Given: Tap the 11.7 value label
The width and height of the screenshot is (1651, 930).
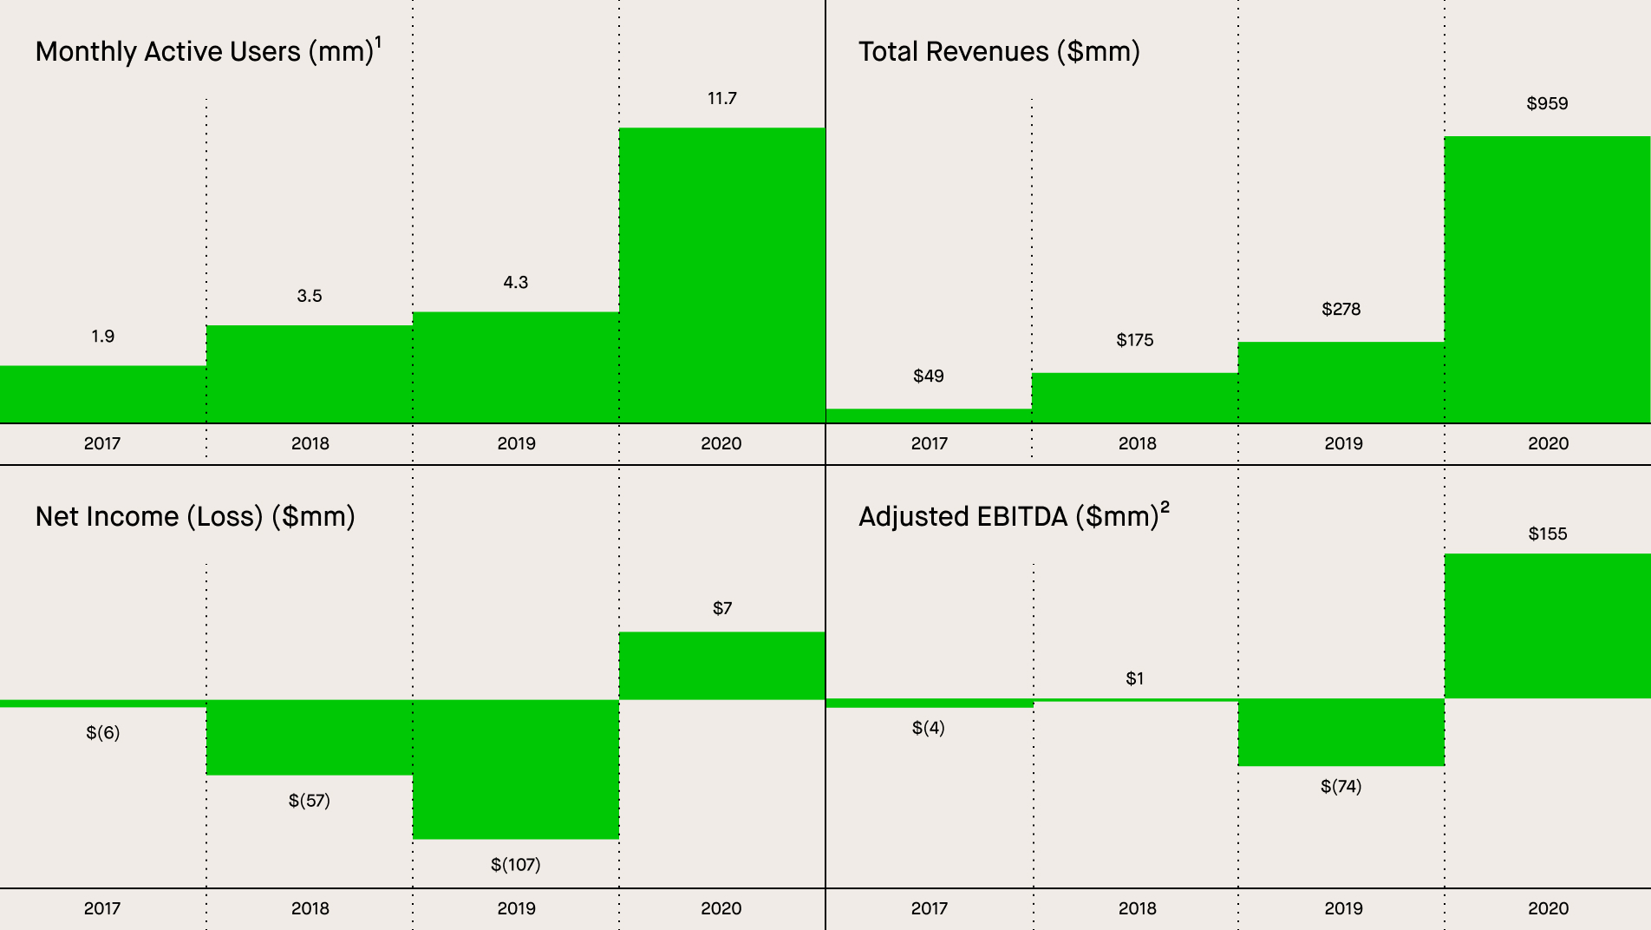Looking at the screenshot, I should click(721, 99).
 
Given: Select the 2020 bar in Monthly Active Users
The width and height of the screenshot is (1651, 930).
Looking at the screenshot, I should click(721, 276).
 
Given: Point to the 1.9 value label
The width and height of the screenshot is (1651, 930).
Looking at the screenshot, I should click(102, 337).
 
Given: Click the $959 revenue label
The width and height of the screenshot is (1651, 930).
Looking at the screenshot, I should click(1547, 104).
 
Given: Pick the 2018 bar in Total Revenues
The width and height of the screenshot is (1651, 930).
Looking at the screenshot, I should click(1134, 398).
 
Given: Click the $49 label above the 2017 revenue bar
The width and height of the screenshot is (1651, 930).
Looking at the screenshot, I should click(928, 377).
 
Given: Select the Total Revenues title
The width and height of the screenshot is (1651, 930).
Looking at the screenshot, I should click(999, 52).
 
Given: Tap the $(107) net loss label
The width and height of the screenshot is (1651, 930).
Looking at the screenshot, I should click(515, 865).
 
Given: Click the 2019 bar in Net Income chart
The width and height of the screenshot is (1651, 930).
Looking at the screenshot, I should click(515, 769).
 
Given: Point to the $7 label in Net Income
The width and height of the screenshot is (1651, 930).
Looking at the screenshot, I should click(721, 609).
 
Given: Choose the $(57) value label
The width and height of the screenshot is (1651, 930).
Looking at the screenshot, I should click(309, 801).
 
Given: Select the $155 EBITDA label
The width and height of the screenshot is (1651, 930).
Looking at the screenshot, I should click(1547, 534).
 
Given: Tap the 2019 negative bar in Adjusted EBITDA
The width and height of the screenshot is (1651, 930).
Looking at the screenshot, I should click(1341, 732).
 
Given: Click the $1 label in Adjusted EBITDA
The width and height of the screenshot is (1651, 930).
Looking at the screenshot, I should click(1134, 679).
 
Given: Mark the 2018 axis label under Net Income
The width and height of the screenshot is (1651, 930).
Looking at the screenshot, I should click(310, 908).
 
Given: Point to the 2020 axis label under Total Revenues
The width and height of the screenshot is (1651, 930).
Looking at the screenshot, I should click(1548, 443).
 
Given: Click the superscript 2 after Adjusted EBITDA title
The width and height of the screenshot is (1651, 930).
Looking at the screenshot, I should click(1165, 508).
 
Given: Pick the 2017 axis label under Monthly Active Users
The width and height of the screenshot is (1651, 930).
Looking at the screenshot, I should click(102, 443).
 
